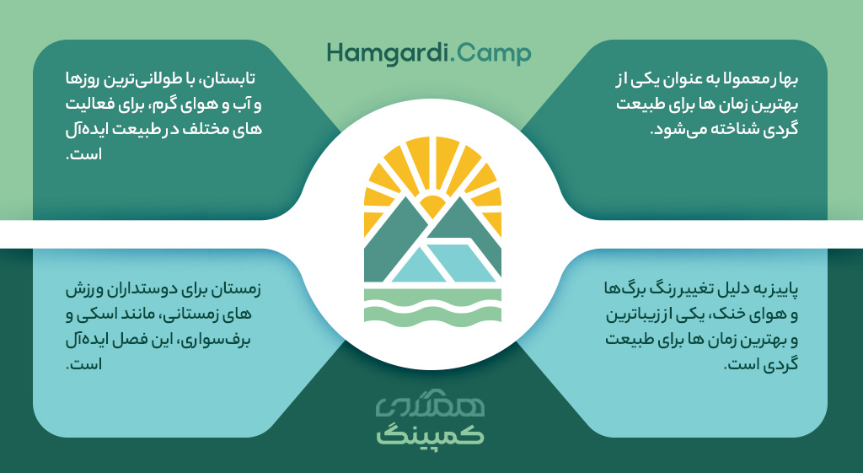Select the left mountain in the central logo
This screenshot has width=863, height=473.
pos(392,242)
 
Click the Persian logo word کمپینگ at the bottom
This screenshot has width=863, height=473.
pos(431,433)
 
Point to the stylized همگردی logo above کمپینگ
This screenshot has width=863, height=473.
pos(431,406)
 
